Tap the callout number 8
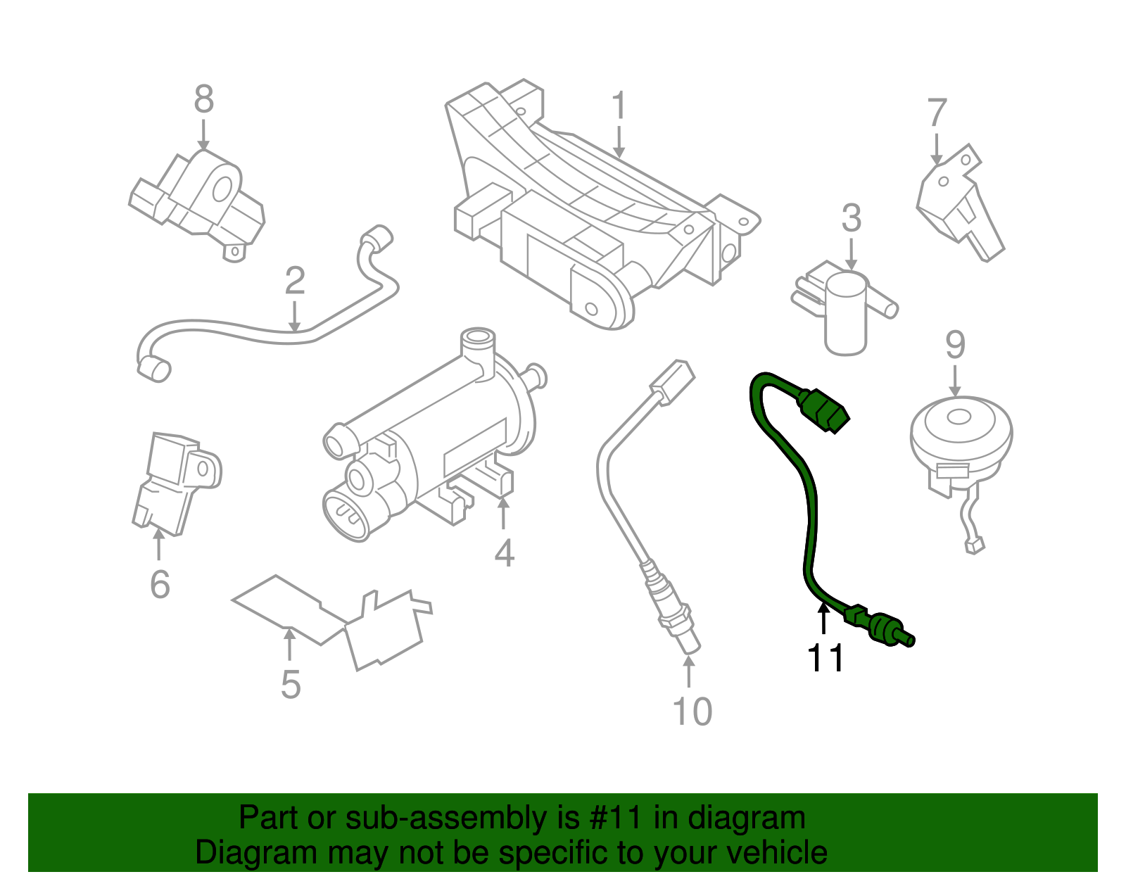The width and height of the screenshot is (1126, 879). point(203,99)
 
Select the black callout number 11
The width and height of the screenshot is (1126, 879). point(825,659)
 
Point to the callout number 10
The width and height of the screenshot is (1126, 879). point(692,712)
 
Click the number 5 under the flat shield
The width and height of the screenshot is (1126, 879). point(291,684)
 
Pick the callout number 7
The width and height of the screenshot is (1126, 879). point(937,113)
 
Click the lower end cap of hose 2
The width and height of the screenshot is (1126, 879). point(153,369)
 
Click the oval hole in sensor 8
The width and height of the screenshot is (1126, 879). point(222,189)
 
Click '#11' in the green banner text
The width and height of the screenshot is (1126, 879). point(614,818)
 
